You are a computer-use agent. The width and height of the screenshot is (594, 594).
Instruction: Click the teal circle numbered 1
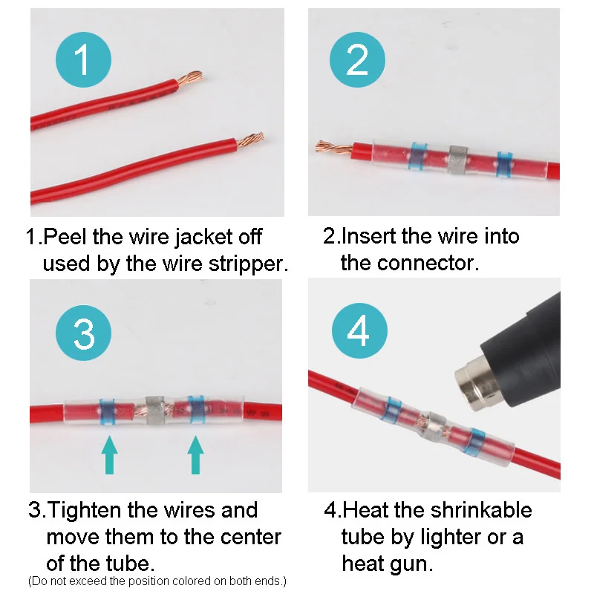click(x=83, y=60)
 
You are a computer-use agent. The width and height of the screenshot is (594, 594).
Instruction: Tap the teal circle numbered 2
click(x=357, y=60)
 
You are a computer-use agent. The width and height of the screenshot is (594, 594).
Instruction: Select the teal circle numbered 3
click(x=83, y=333)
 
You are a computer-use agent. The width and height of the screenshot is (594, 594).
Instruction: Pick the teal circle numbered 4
click(x=359, y=330)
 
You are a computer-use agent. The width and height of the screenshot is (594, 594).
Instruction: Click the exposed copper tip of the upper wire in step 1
click(x=189, y=79)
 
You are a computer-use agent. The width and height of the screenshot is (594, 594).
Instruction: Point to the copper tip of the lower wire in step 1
click(x=250, y=140)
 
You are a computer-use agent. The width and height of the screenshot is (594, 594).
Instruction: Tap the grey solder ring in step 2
click(x=458, y=159)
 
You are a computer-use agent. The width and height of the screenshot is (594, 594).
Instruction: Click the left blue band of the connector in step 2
click(x=417, y=156)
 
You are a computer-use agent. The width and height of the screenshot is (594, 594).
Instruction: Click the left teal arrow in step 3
click(x=109, y=454)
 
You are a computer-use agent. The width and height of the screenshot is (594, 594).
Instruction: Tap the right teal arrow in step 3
click(x=195, y=454)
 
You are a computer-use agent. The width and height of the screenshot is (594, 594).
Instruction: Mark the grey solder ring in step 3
click(x=154, y=410)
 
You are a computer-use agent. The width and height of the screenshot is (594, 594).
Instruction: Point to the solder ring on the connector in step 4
click(x=434, y=425)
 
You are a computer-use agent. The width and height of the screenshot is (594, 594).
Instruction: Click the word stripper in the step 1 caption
click(x=248, y=264)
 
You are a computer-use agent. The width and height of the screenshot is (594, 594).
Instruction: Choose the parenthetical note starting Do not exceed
click(x=157, y=581)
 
